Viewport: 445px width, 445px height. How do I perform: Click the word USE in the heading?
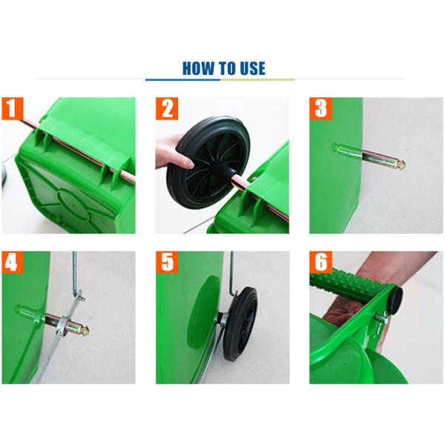click(x=252, y=68)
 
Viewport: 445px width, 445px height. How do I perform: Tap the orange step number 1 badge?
click(x=12, y=108)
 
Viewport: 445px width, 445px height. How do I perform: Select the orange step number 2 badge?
click(x=167, y=108)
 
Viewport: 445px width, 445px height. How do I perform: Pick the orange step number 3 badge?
click(x=320, y=108)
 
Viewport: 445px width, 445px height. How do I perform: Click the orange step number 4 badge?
click(x=12, y=263)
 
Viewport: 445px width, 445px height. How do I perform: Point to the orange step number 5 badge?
click(x=167, y=263)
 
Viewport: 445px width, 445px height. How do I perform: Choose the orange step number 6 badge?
click(x=320, y=263)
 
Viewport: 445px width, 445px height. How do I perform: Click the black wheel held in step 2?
click(x=208, y=162)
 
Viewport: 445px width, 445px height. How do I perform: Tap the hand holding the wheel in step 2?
click(x=173, y=154)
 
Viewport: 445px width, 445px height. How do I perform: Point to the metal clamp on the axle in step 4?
click(x=63, y=326)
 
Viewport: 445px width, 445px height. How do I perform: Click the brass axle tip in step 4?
click(x=85, y=329)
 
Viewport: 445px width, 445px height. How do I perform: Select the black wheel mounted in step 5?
click(x=240, y=324)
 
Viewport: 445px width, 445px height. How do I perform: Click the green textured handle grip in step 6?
click(x=352, y=283)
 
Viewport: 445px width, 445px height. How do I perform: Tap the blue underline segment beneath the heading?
click(x=182, y=80)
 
